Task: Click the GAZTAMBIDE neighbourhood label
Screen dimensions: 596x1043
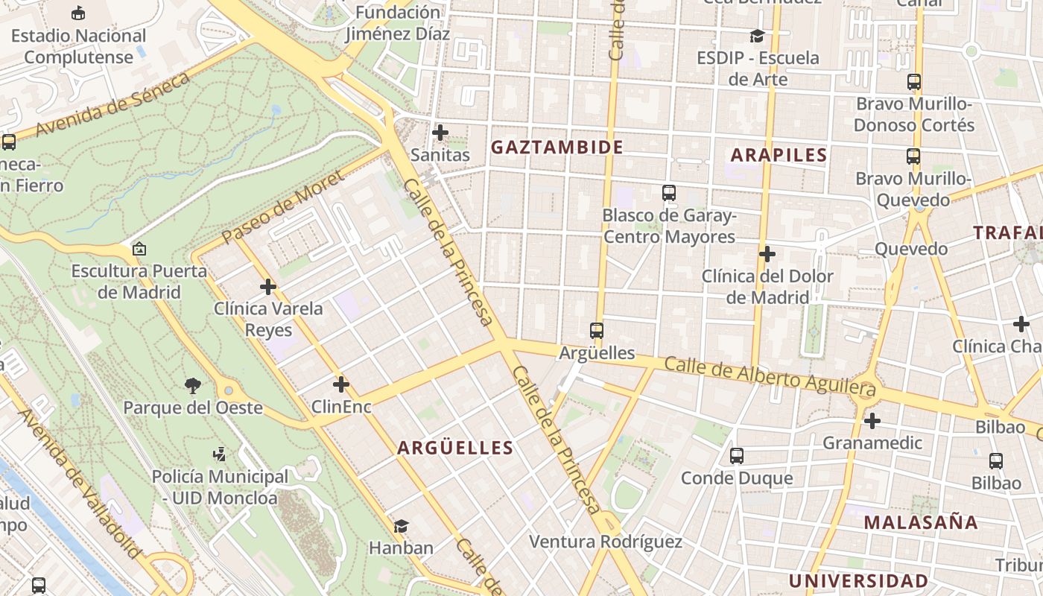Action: click(x=557, y=148)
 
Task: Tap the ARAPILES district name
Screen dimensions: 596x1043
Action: click(x=779, y=155)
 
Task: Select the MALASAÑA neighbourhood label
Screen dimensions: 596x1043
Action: click(x=921, y=522)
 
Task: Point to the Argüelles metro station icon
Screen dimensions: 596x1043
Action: click(x=596, y=330)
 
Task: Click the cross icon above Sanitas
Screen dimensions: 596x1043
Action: click(x=440, y=133)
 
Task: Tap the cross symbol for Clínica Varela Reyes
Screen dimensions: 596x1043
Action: click(x=268, y=286)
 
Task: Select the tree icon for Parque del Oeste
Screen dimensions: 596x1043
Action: click(x=193, y=385)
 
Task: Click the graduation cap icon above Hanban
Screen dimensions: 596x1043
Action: click(x=402, y=526)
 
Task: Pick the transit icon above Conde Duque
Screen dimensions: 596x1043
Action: click(x=737, y=455)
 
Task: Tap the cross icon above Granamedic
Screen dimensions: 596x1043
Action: click(x=872, y=421)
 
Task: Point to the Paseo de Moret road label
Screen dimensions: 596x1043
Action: click(x=282, y=206)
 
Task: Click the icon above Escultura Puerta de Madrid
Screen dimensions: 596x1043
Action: click(x=139, y=249)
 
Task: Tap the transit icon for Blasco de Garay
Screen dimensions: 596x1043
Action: click(x=668, y=193)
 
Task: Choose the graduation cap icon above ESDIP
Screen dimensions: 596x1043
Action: click(x=757, y=36)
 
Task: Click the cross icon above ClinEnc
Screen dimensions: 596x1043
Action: click(x=341, y=384)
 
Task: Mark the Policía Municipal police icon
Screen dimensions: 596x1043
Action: click(x=219, y=454)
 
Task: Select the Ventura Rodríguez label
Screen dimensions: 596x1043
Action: click(x=605, y=542)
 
